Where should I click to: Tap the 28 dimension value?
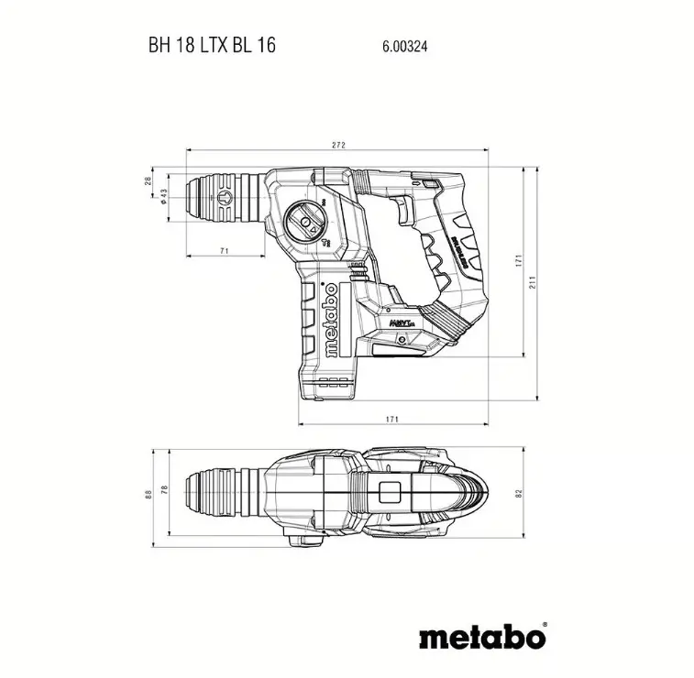[149, 180]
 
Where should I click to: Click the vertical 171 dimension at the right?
[519, 261]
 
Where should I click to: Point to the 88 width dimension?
[149, 494]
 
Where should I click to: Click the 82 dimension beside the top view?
[519, 494]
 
